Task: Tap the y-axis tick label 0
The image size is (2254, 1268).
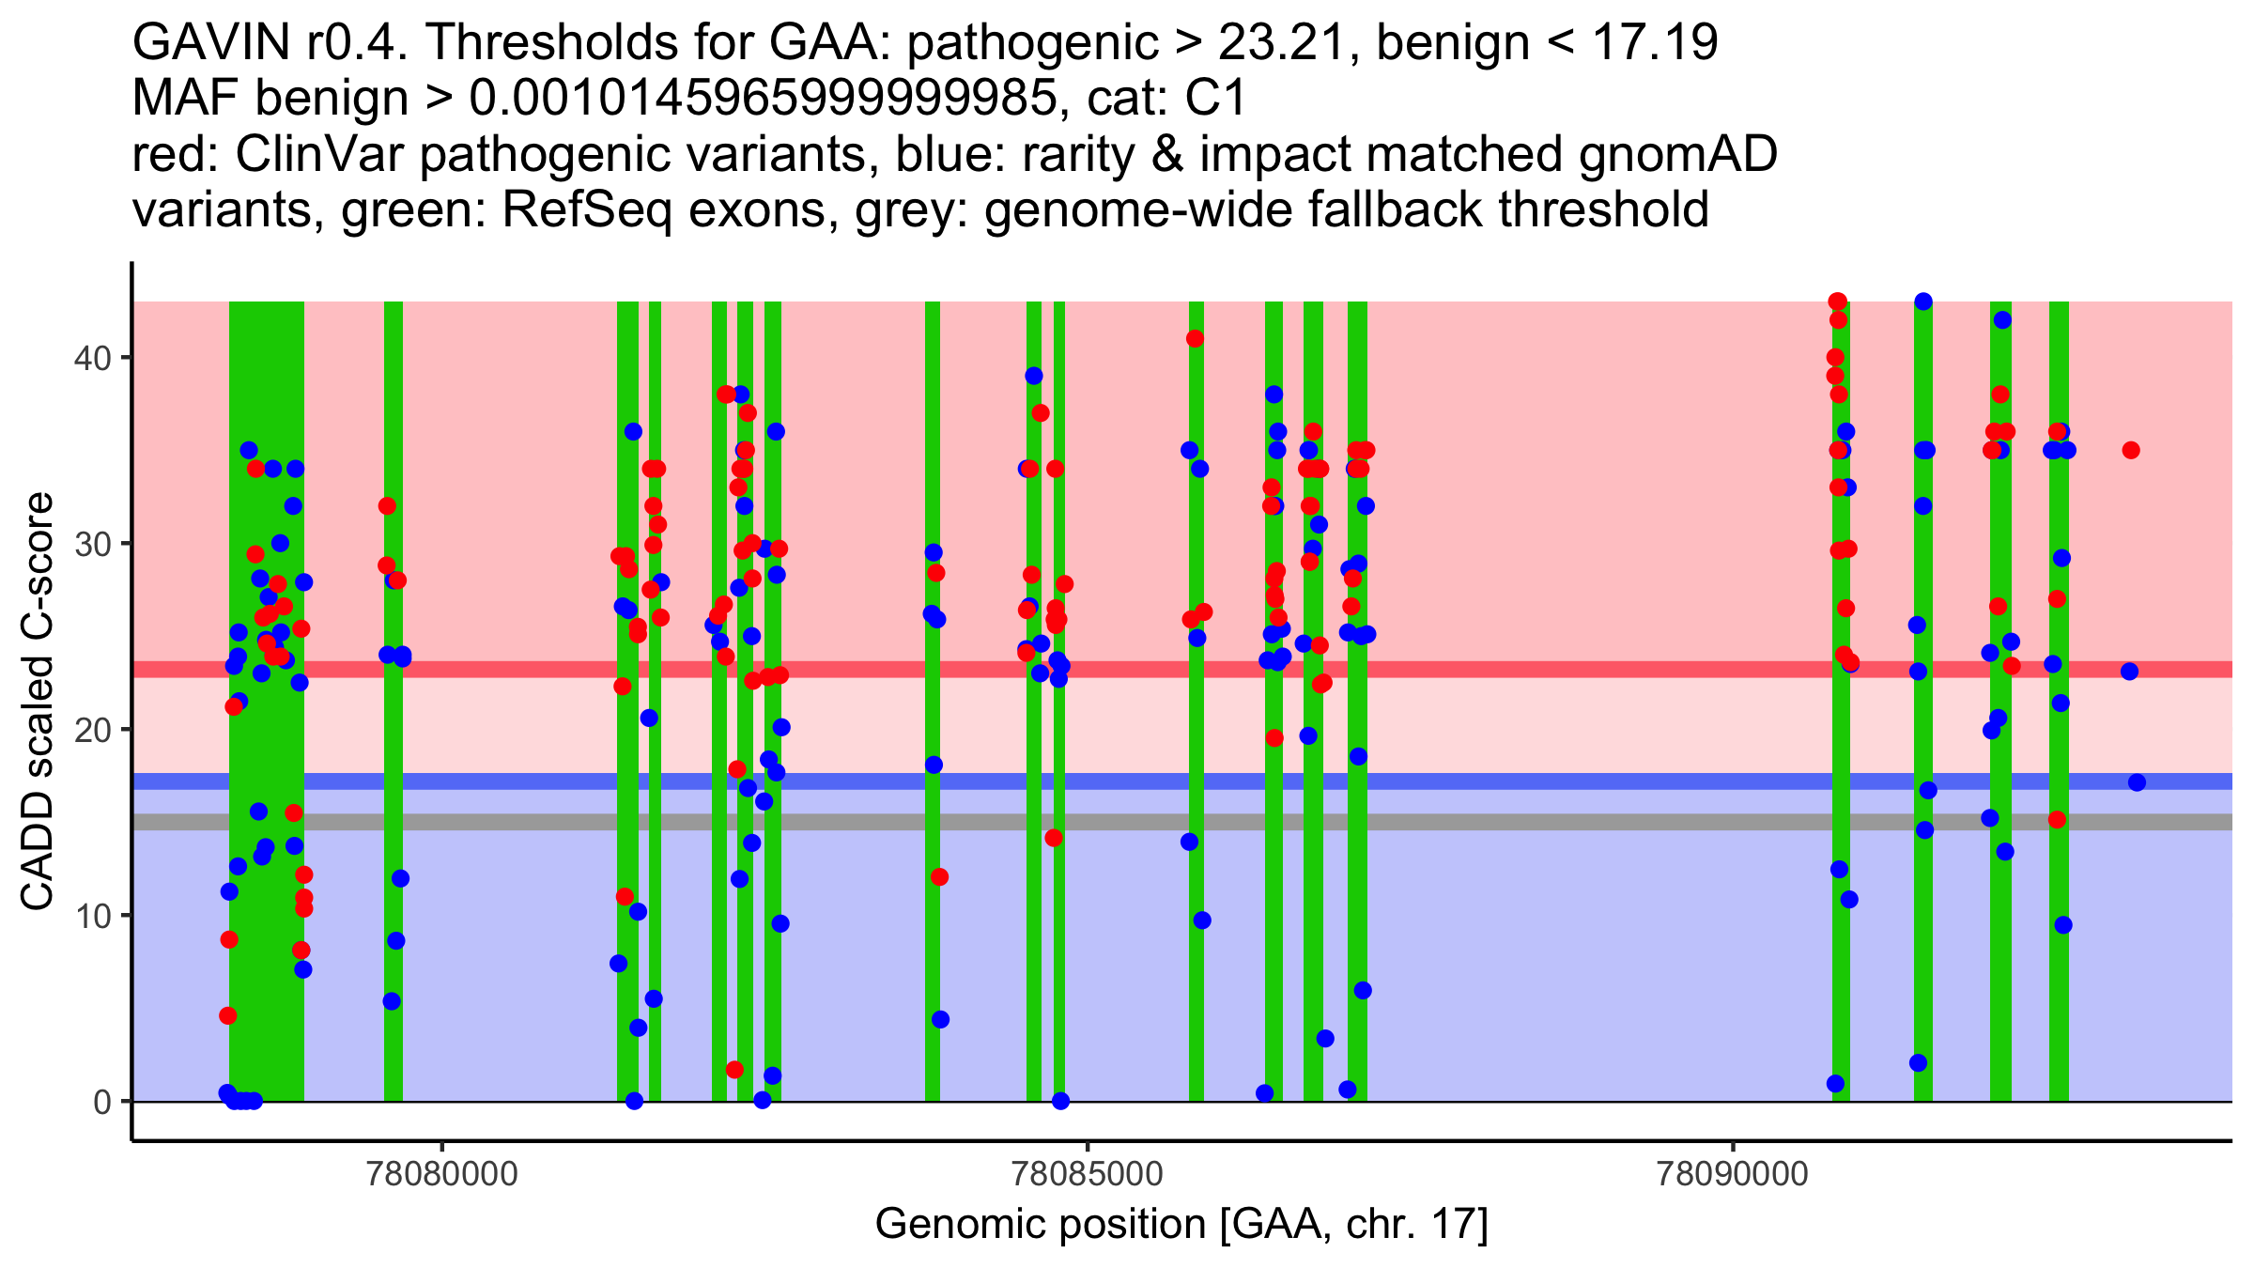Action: [100, 1102]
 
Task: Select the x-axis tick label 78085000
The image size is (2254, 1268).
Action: [1088, 1175]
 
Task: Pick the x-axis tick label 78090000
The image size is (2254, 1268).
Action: [1733, 1175]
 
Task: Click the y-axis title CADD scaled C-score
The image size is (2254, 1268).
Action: [38, 702]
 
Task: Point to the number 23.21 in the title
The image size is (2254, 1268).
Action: [1289, 42]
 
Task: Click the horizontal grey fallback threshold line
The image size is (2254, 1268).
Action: [1503, 822]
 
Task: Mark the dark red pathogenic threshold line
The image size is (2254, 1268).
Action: [1503, 669]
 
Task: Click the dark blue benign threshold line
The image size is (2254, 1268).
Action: [1503, 781]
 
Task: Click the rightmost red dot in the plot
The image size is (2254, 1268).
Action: [2131, 450]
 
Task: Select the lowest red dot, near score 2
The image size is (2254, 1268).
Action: [734, 1070]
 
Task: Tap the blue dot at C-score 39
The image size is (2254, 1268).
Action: [1034, 376]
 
